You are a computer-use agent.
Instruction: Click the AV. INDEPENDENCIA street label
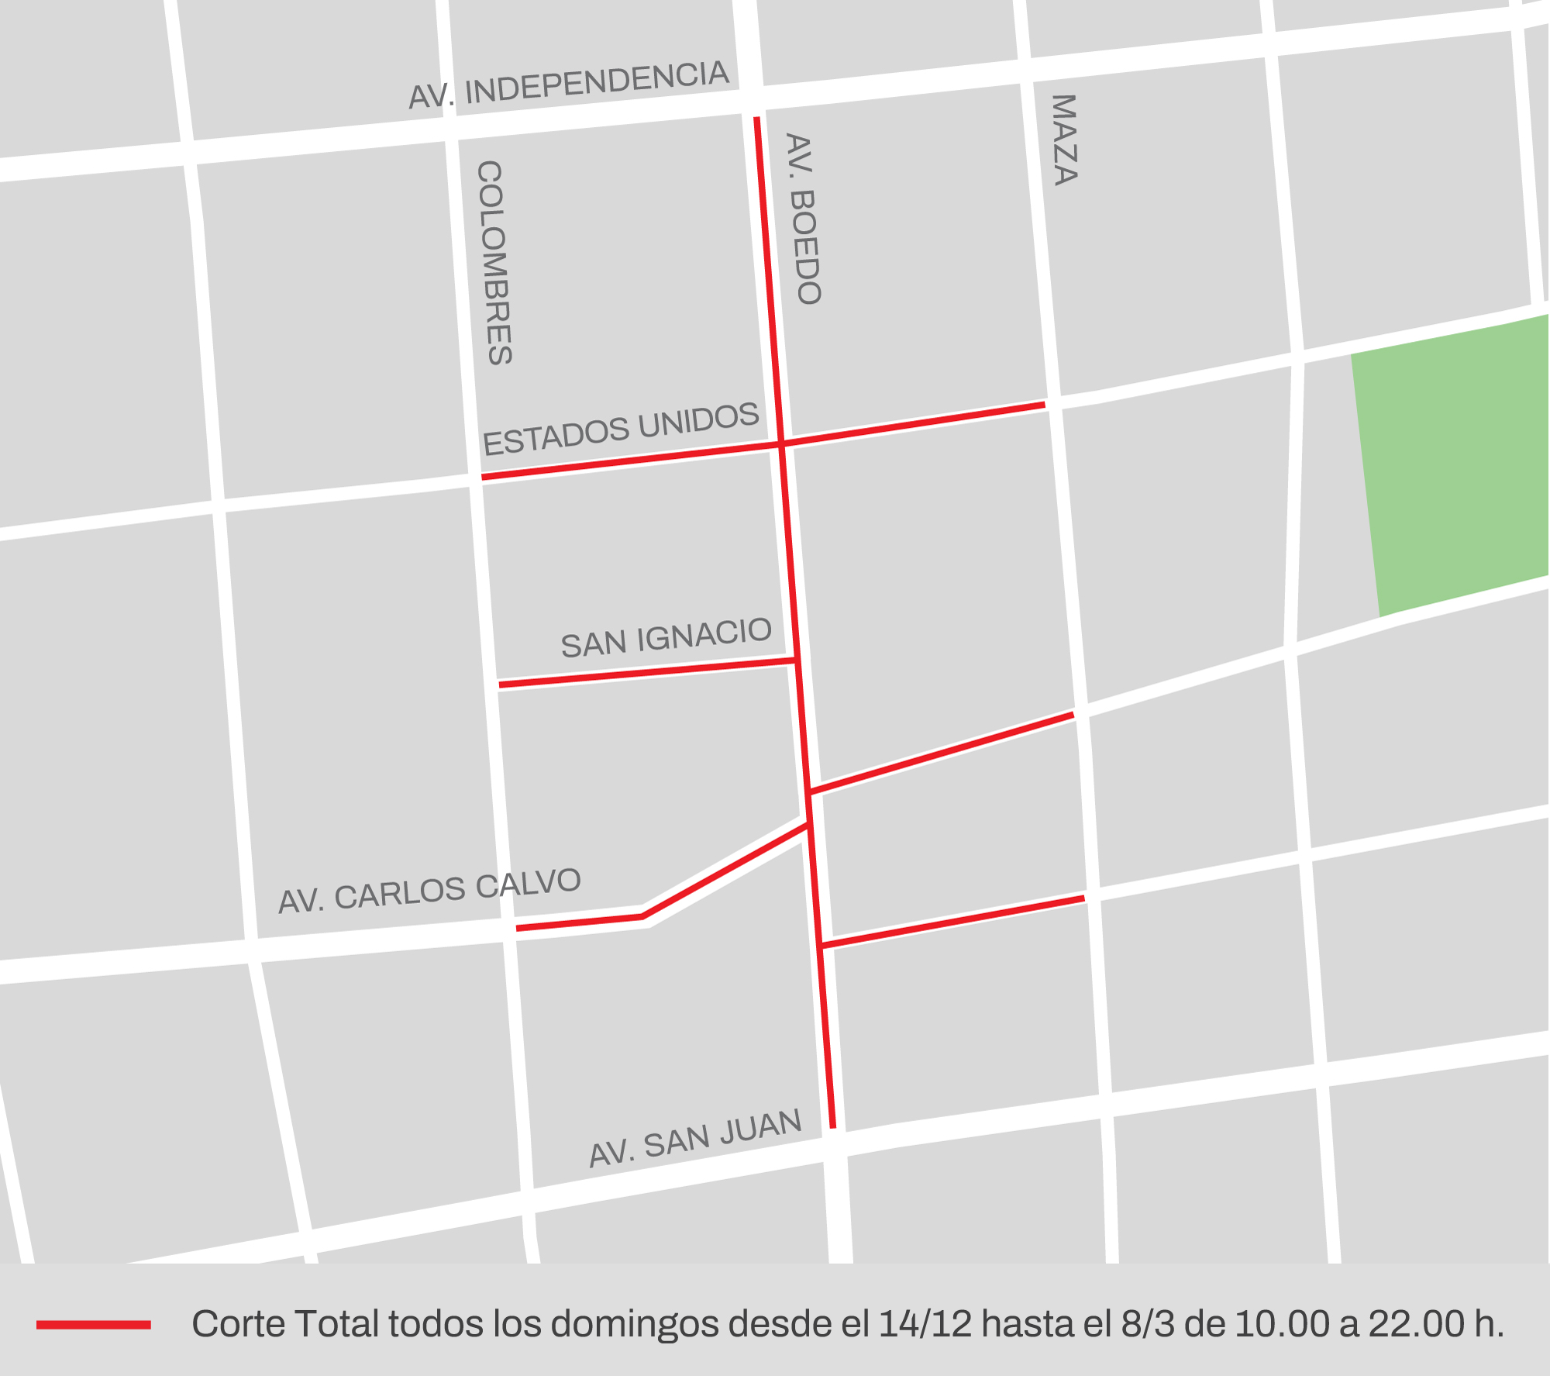click(568, 85)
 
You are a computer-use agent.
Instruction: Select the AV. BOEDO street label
click(804, 219)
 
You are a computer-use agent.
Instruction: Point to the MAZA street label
click(1065, 140)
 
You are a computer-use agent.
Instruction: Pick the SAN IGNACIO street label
click(666, 637)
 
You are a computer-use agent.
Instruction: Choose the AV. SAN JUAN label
click(695, 1137)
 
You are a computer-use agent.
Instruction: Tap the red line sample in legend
click(93, 1325)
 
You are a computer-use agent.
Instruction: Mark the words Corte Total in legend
click(286, 1324)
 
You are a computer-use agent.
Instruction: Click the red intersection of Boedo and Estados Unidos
click(781, 443)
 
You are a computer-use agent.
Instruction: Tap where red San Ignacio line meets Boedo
click(797, 660)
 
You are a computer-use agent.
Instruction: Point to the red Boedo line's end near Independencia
click(757, 119)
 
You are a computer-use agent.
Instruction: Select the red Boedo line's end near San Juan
click(833, 1126)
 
